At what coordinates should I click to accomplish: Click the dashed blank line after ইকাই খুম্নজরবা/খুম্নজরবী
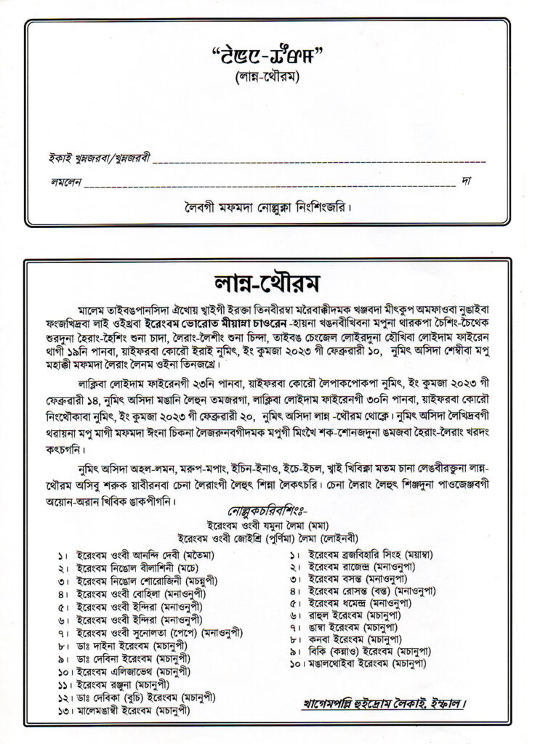320,159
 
